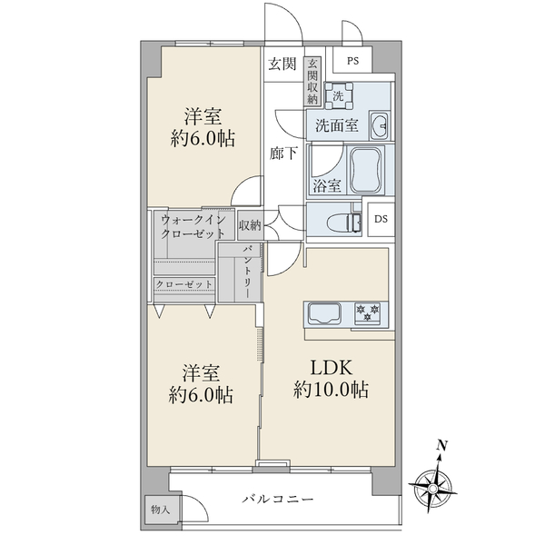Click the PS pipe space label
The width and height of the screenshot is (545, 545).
pos(352,61)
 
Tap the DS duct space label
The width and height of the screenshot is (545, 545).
pos(381,219)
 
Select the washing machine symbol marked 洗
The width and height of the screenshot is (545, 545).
pos(338,95)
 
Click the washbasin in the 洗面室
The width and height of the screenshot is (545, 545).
pos(379,125)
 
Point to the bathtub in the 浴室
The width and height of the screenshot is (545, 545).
pos(366,171)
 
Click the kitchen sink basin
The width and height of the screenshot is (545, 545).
pos(324,314)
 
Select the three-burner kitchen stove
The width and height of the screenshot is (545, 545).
pos(367,312)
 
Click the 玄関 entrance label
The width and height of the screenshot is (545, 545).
pos(282,64)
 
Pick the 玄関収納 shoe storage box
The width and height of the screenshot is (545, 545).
pos(312,82)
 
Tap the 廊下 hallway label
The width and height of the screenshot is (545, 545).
pos(283,154)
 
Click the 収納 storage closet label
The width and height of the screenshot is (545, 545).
pos(250,225)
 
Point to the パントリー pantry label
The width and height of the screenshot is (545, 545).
pos(247,272)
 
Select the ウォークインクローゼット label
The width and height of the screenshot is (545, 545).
pos(193,226)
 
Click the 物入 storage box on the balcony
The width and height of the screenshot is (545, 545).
pos(160,510)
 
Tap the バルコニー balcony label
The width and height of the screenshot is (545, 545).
pos(278,500)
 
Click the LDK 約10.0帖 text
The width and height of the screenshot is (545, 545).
pos(331,379)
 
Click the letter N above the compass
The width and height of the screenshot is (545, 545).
pos(441,445)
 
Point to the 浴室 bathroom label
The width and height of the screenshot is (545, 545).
pos(327,186)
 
